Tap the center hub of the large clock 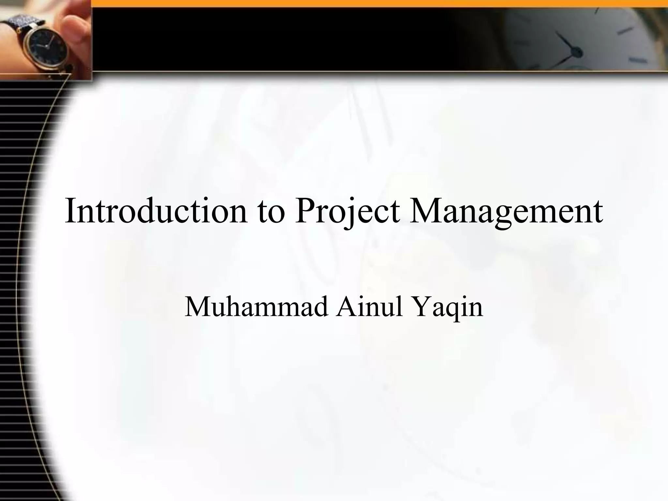click(x=577, y=52)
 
